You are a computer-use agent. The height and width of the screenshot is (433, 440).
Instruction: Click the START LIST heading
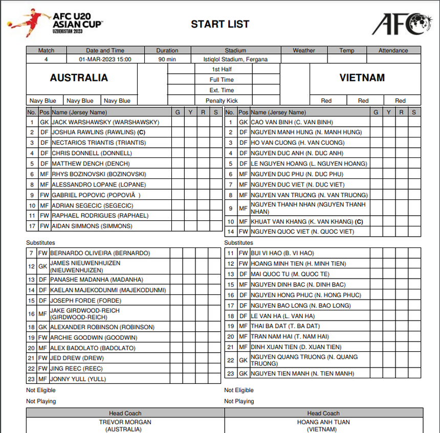[x=220, y=24]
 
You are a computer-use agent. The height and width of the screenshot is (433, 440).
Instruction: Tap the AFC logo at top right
[x=402, y=24]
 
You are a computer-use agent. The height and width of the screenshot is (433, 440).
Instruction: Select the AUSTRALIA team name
[x=79, y=78]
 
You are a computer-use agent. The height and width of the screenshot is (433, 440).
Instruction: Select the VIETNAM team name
[x=362, y=78]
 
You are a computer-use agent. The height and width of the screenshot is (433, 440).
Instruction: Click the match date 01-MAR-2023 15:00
[x=105, y=59]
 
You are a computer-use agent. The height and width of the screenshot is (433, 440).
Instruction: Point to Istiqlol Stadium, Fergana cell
[x=235, y=59]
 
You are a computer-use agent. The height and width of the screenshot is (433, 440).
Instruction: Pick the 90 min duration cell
[x=167, y=59]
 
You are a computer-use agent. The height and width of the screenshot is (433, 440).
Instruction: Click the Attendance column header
[x=393, y=51]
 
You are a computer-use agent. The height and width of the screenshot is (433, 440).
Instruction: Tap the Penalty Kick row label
[x=222, y=101]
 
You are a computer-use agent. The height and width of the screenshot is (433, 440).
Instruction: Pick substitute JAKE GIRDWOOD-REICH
[x=85, y=313]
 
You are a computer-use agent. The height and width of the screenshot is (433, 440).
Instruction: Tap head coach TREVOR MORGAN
[x=125, y=423]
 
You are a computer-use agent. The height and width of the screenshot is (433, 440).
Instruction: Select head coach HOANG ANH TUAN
[x=323, y=423]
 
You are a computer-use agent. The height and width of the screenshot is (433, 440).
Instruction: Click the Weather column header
[x=304, y=51]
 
